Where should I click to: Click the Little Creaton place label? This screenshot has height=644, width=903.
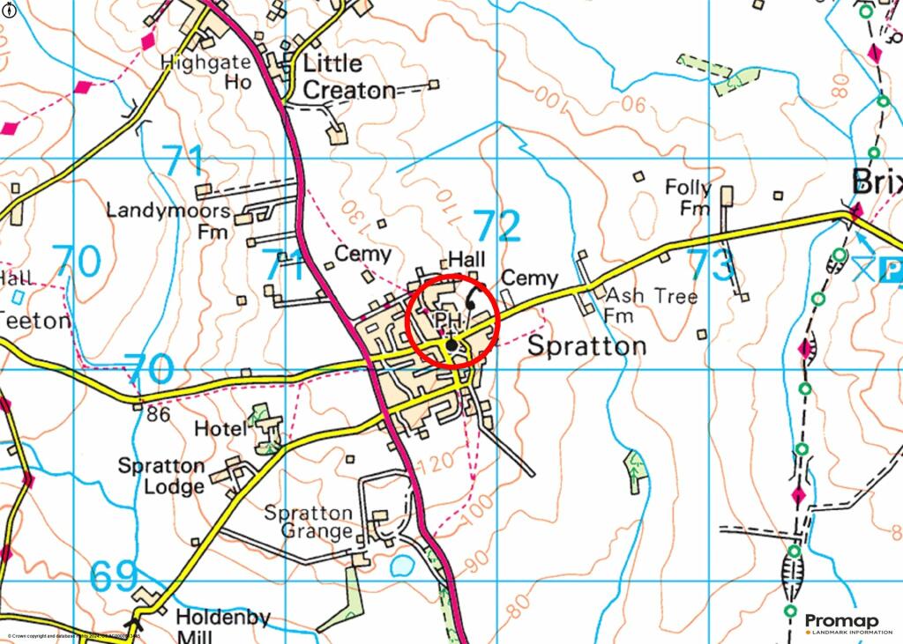344,77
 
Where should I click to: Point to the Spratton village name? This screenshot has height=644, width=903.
586,346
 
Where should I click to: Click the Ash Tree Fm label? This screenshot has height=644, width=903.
651,305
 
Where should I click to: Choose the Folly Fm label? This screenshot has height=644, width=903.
688,197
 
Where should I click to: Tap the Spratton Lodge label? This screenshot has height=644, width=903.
161,476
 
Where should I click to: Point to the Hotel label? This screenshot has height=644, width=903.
220,429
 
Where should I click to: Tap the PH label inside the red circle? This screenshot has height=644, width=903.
449,319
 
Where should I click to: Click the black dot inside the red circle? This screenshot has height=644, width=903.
452,345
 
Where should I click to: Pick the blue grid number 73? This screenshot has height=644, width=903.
711,264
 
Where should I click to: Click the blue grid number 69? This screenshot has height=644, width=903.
115,579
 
